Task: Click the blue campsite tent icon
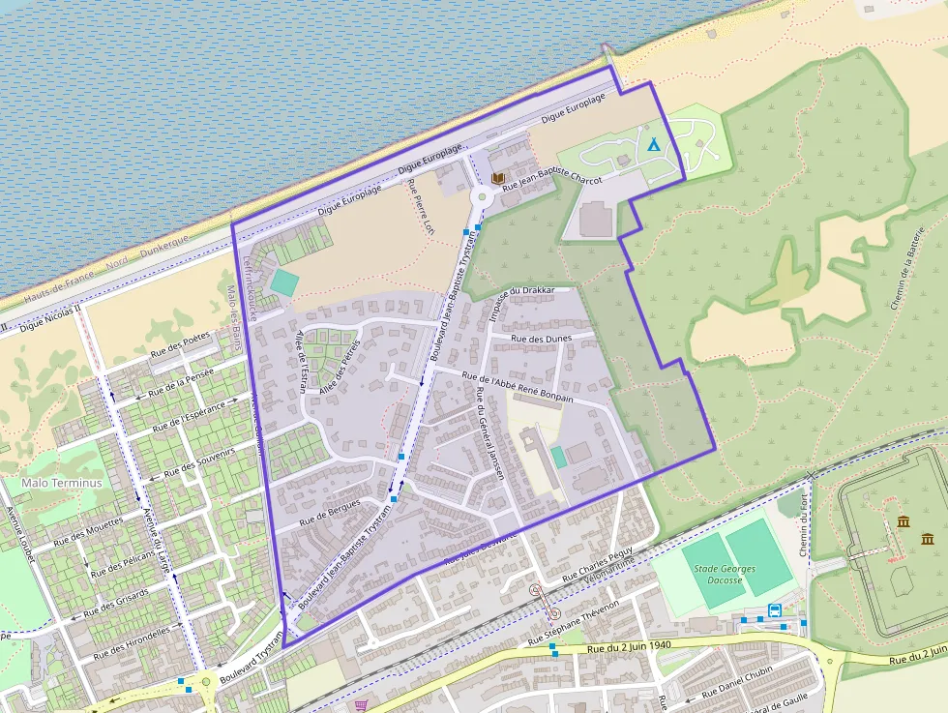point(653,144)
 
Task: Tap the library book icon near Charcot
point(498,179)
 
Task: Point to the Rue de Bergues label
point(329,512)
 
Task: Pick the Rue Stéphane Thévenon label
point(574,634)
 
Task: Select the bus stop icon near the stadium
point(775,610)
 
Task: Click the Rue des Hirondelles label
point(132,642)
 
